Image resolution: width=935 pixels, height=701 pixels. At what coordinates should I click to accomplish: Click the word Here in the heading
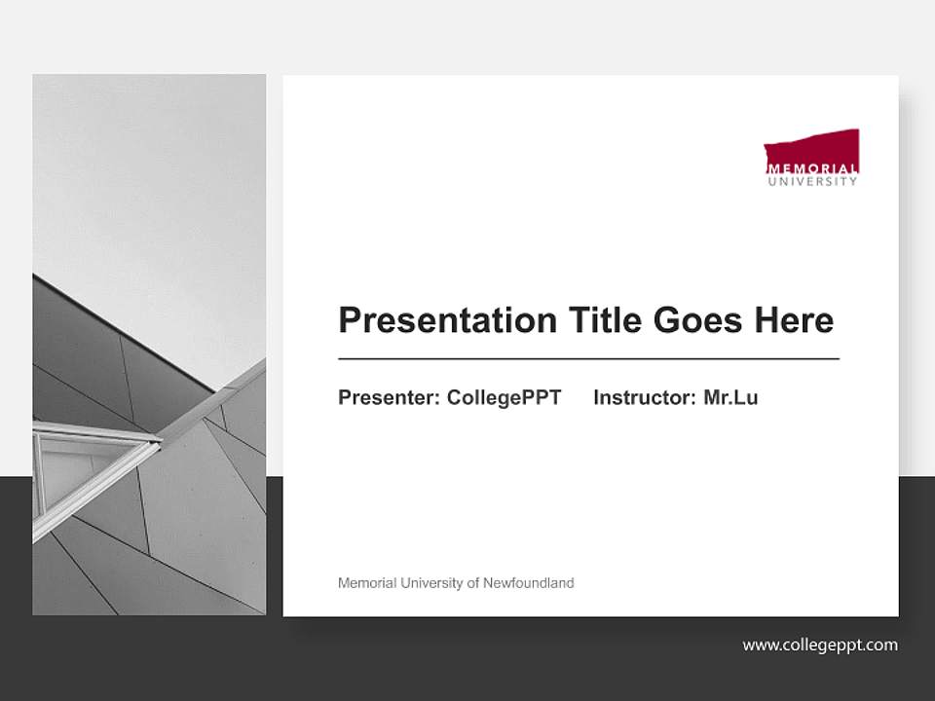pyautogui.click(x=793, y=320)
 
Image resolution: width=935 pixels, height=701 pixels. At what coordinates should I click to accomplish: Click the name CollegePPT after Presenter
pyautogui.click(x=504, y=397)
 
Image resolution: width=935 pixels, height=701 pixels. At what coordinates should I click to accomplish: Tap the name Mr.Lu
pyautogui.click(x=730, y=397)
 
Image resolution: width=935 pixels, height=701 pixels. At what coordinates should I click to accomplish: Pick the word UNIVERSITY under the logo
pyautogui.click(x=812, y=180)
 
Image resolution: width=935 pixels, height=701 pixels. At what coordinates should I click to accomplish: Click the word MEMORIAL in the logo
pyautogui.click(x=812, y=168)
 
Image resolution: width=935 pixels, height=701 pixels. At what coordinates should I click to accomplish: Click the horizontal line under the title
pyautogui.click(x=588, y=359)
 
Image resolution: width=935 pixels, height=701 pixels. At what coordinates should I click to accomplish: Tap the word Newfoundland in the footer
pyautogui.click(x=529, y=583)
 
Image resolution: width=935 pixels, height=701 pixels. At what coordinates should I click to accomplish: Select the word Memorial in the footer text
pyautogui.click(x=367, y=583)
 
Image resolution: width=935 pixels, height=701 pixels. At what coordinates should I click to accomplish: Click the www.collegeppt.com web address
pyautogui.click(x=820, y=645)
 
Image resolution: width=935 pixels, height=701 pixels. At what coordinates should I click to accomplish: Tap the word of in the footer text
pyautogui.click(x=473, y=583)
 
